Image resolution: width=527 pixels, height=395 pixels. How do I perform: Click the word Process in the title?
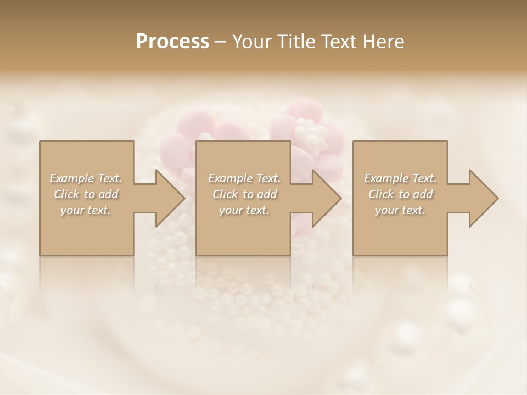[172, 42]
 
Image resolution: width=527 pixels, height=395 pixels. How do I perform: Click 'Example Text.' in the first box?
[86, 178]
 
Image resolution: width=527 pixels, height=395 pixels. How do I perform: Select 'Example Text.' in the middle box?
[244, 178]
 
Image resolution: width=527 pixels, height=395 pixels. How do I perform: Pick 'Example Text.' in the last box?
[400, 178]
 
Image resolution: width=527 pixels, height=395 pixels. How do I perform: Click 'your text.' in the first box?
[86, 210]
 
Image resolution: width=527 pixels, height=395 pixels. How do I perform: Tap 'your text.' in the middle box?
[244, 210]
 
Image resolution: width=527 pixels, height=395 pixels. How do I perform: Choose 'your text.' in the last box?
[400, 210]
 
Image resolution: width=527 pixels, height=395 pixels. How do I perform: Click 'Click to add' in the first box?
[86, 194]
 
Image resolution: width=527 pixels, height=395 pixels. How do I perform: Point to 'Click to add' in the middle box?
[244, 194]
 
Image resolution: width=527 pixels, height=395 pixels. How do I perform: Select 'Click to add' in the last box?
[400, 194]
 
